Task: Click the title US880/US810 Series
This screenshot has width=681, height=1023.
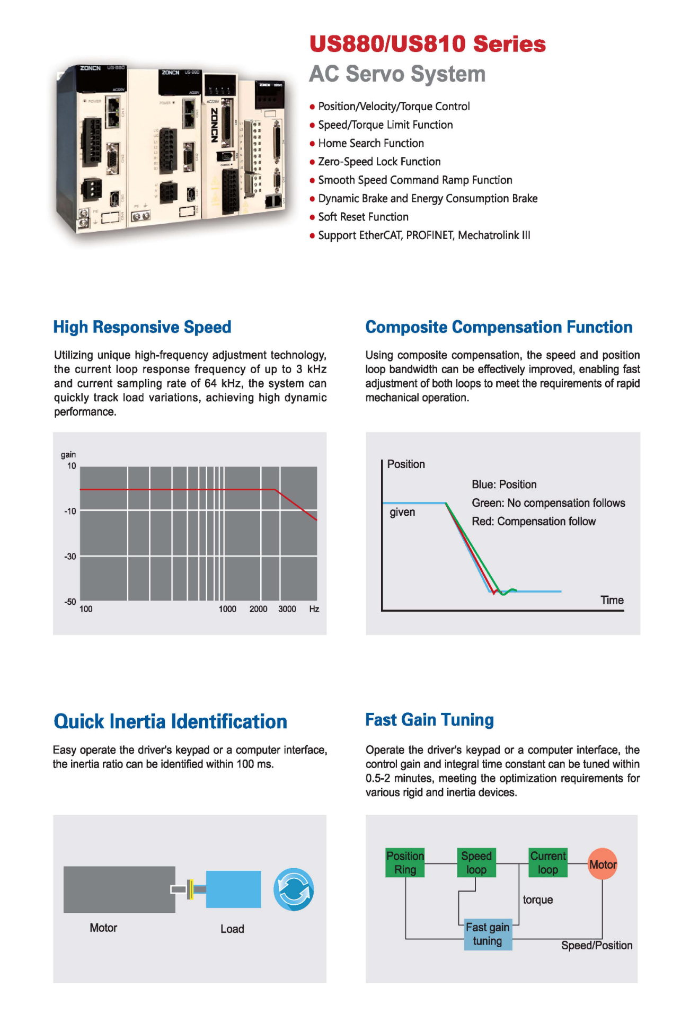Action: [427, 44]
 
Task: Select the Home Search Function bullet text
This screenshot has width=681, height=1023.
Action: [370, 143]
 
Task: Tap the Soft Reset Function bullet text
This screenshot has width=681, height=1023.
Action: [363, 217]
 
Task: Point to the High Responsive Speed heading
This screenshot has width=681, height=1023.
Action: [142, 327]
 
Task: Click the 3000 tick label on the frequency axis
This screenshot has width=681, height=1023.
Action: [287, 609]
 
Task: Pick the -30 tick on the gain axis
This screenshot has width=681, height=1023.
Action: [70, 557]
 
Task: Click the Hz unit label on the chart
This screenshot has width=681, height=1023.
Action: [314, 609]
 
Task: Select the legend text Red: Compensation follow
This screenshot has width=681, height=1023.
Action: [533, 522]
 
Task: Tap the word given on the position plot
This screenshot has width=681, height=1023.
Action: [402, 512]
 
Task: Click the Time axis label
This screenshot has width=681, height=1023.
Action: [612, 600]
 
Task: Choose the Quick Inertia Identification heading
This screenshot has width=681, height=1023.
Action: [170, 721]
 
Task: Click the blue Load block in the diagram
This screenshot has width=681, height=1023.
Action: [233, 889]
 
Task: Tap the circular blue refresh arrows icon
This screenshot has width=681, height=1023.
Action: [294, 889]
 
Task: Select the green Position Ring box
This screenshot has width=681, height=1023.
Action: [405, 863]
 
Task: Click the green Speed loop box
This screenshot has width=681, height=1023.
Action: [476, 863]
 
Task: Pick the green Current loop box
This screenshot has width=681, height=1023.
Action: [548, 863]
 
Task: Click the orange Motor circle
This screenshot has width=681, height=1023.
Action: [603, 865]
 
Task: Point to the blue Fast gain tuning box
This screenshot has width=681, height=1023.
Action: [488, 934]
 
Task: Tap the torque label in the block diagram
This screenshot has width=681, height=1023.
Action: [537, 899]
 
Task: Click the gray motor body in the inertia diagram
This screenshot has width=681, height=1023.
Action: [119, 889]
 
